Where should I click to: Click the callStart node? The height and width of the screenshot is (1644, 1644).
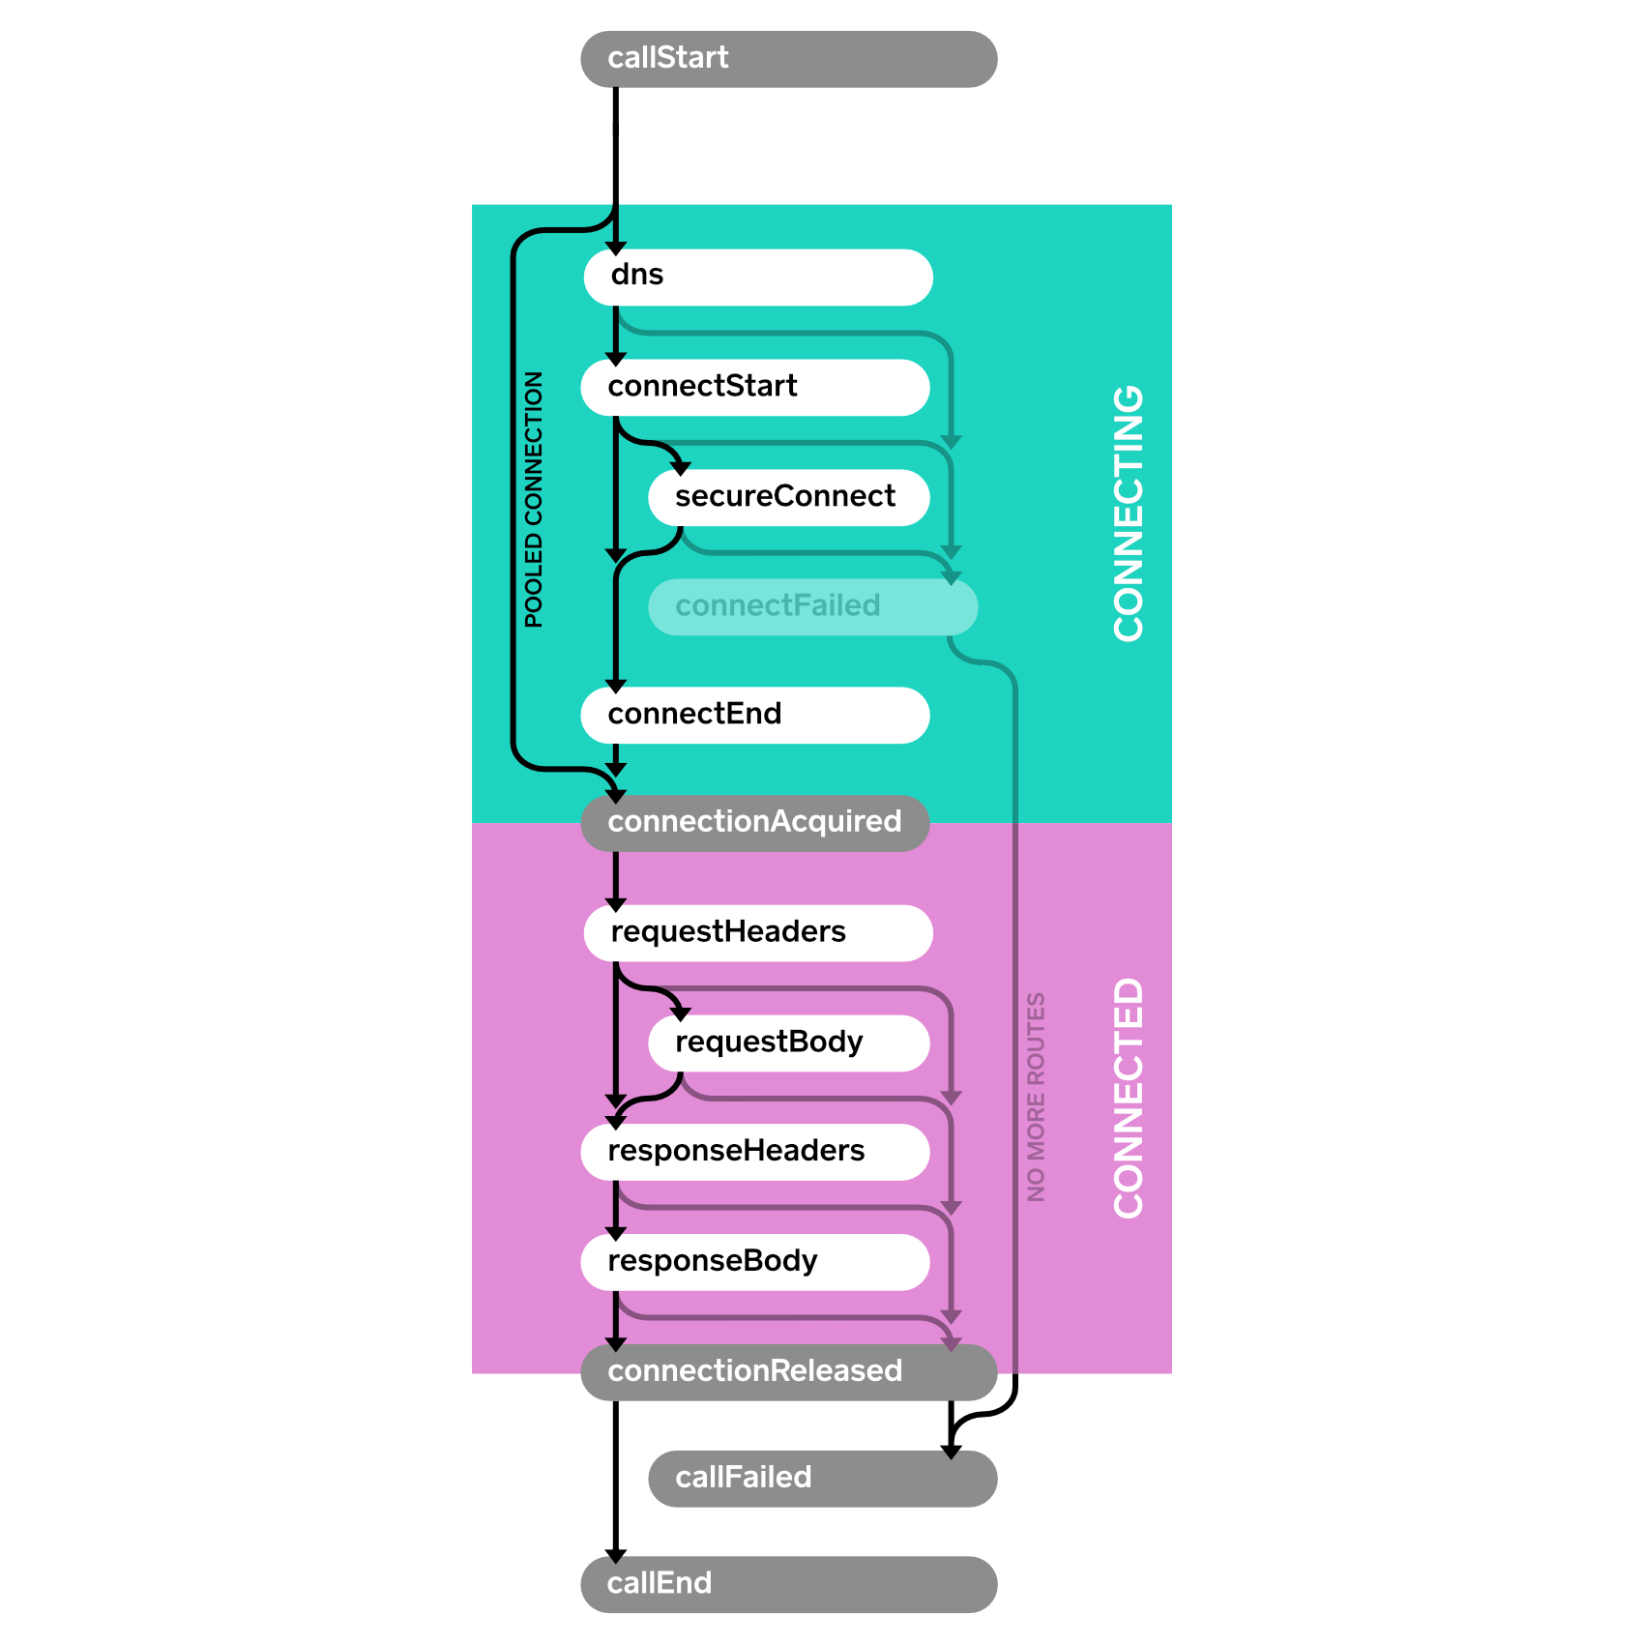pos(788,59)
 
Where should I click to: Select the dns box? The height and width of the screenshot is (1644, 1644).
pos(757,278)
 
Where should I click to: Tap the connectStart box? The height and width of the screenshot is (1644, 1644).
pos(754,388)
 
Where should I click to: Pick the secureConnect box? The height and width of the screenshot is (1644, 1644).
pos(788,498)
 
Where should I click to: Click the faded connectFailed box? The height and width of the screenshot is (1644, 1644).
pos(812,607)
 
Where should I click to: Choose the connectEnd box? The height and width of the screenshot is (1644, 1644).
pos(754,716)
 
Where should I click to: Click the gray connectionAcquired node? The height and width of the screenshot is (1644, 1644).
pos(754,823)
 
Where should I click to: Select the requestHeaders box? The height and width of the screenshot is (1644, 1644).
pos(757,933)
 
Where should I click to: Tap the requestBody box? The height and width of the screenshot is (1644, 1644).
pos(788,1043)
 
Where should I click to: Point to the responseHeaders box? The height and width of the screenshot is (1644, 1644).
pos(754,1152)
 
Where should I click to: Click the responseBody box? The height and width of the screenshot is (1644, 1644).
pos(754,1262)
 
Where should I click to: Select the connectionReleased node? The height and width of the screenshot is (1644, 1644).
pos(788,1372)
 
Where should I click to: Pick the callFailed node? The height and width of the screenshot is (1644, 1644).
pos(822,1479)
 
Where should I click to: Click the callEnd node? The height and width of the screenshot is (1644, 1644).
pos(788,1585)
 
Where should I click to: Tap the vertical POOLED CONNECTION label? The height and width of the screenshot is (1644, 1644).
pos(534,499)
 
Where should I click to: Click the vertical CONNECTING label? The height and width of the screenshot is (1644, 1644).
pos(1128,513)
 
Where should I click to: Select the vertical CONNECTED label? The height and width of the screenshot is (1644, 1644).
pos(1128,1098)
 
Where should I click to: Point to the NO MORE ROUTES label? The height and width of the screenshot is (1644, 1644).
pos(1036,1098)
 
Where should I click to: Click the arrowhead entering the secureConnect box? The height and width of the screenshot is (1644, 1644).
pos(681,468)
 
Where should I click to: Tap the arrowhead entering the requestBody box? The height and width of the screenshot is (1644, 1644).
pos(681,1013)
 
